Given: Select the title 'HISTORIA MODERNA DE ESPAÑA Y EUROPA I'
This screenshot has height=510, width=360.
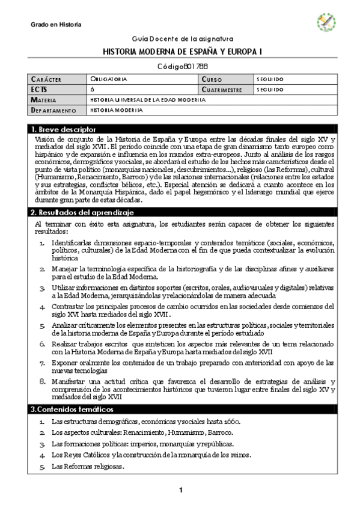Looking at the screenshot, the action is (180, 52).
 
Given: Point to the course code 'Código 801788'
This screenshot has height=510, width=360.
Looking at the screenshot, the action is (180, 67).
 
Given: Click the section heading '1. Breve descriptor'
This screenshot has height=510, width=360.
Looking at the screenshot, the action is (64, 130).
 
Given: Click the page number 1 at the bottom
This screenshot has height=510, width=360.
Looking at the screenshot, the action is (180, 491).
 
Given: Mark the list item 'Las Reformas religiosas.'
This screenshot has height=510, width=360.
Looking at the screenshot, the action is (88, 466).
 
